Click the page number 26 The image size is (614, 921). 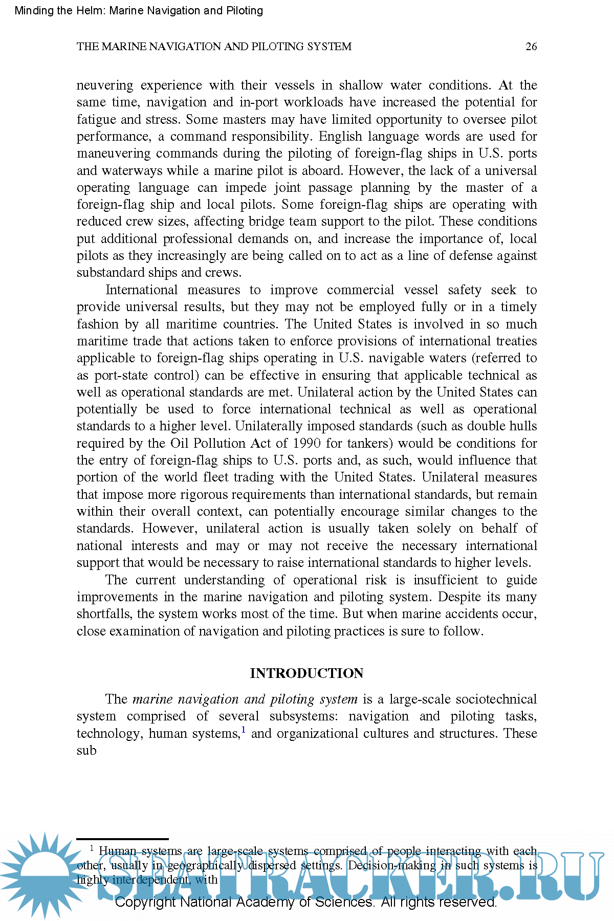coord(531,47)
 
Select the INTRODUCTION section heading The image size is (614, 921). coord(306,673)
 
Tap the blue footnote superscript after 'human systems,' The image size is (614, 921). coord(244,730)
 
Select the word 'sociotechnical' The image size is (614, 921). coord(496,699)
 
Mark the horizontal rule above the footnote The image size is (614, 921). coord(122,839)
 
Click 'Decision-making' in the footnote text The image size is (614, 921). coord(392,865)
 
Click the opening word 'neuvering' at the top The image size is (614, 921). coord(105,85)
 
